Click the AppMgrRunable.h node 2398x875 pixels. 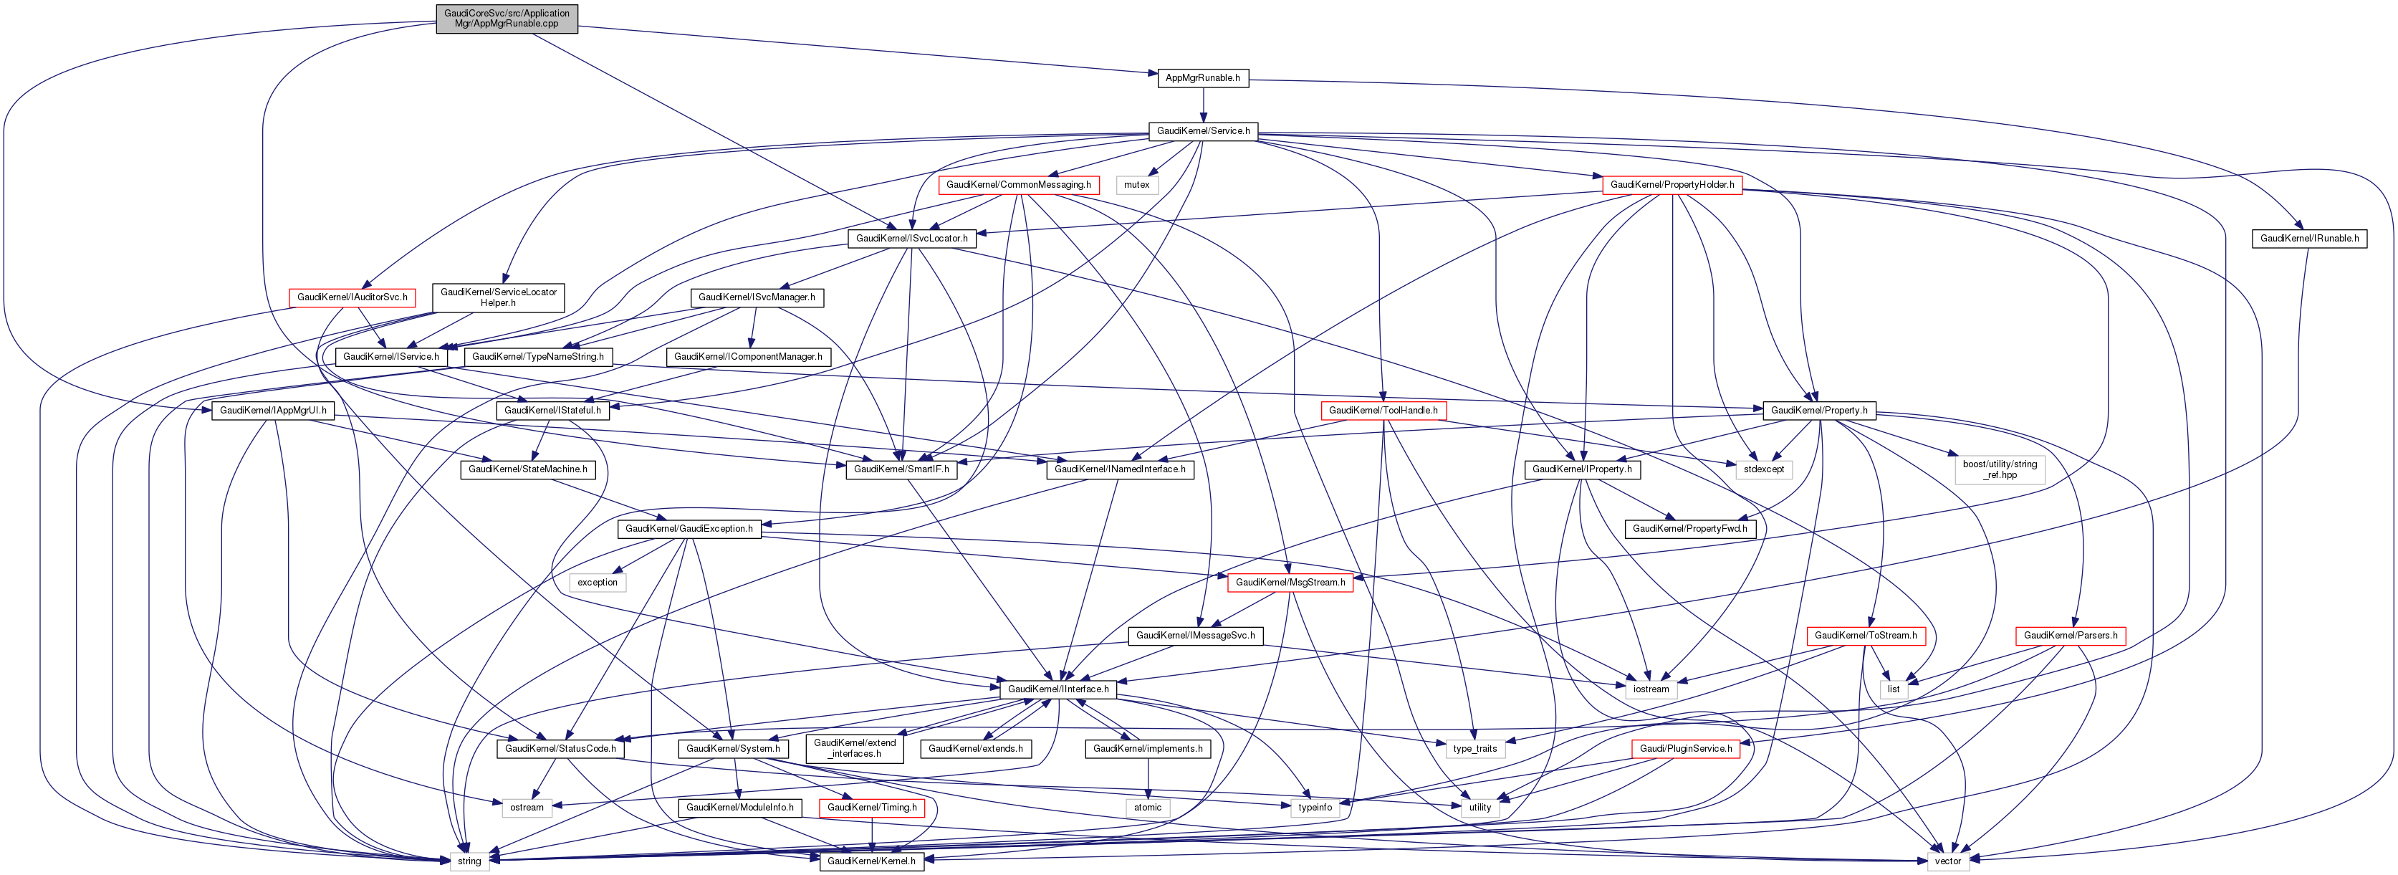point(1203,78)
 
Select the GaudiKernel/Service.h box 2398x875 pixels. point(1203,131)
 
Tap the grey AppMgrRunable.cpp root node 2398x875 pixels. point(507,19)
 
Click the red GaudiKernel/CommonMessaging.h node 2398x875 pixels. point(1018,185)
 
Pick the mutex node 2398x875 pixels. point(1136,185)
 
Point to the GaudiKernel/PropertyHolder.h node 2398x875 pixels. point(1672,185)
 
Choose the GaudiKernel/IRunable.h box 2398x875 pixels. point(2310,239)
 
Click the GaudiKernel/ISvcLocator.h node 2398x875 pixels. point(911,239)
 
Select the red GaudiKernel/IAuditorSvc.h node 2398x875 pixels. point(352,298)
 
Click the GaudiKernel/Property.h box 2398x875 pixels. point(1819,411)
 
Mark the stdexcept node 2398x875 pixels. point(1764,469)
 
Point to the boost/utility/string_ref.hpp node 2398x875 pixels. point(2000,469)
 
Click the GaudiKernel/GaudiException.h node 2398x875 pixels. point(689,529)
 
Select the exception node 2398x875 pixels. point(598,583)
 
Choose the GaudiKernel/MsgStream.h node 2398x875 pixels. point(1290,583)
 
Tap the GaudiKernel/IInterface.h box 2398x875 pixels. point(1058,690)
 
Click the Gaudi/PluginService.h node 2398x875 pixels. point(1686,748)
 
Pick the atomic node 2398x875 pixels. point(1148,808)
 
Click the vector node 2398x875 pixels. point(1947,861)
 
